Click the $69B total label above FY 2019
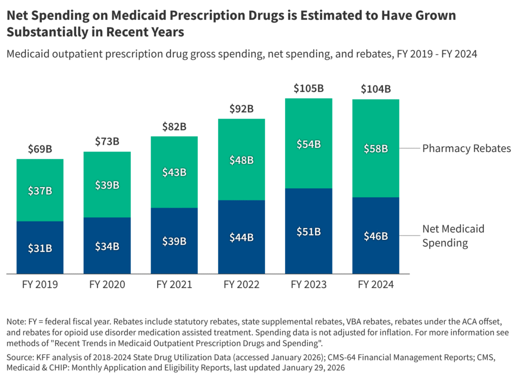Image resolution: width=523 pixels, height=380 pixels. (40, 149)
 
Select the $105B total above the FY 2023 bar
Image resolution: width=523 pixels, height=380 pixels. (308, 88)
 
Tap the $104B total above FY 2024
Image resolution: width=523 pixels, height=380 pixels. (375, 89)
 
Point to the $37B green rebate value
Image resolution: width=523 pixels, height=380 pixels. (40, 191)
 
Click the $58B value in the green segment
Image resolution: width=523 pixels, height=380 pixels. (375, 149)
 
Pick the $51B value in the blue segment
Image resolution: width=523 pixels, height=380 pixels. (308, 231)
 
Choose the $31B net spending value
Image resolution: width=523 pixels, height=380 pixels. (40, 248)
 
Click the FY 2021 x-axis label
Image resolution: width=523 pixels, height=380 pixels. (174, 285)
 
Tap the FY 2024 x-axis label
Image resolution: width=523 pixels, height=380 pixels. (375, 285)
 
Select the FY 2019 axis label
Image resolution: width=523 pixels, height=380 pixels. (40, 285)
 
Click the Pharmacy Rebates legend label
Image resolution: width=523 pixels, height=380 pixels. (466, 149)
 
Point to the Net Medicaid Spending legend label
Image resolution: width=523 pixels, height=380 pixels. (453, 236)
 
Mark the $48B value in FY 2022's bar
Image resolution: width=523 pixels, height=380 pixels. (241, 160)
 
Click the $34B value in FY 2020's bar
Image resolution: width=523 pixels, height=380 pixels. (107, 246)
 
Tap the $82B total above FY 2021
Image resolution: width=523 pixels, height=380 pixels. (174, 126)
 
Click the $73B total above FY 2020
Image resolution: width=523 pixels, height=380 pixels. (107, 142)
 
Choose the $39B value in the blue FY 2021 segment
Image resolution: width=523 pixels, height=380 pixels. (174, 241)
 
